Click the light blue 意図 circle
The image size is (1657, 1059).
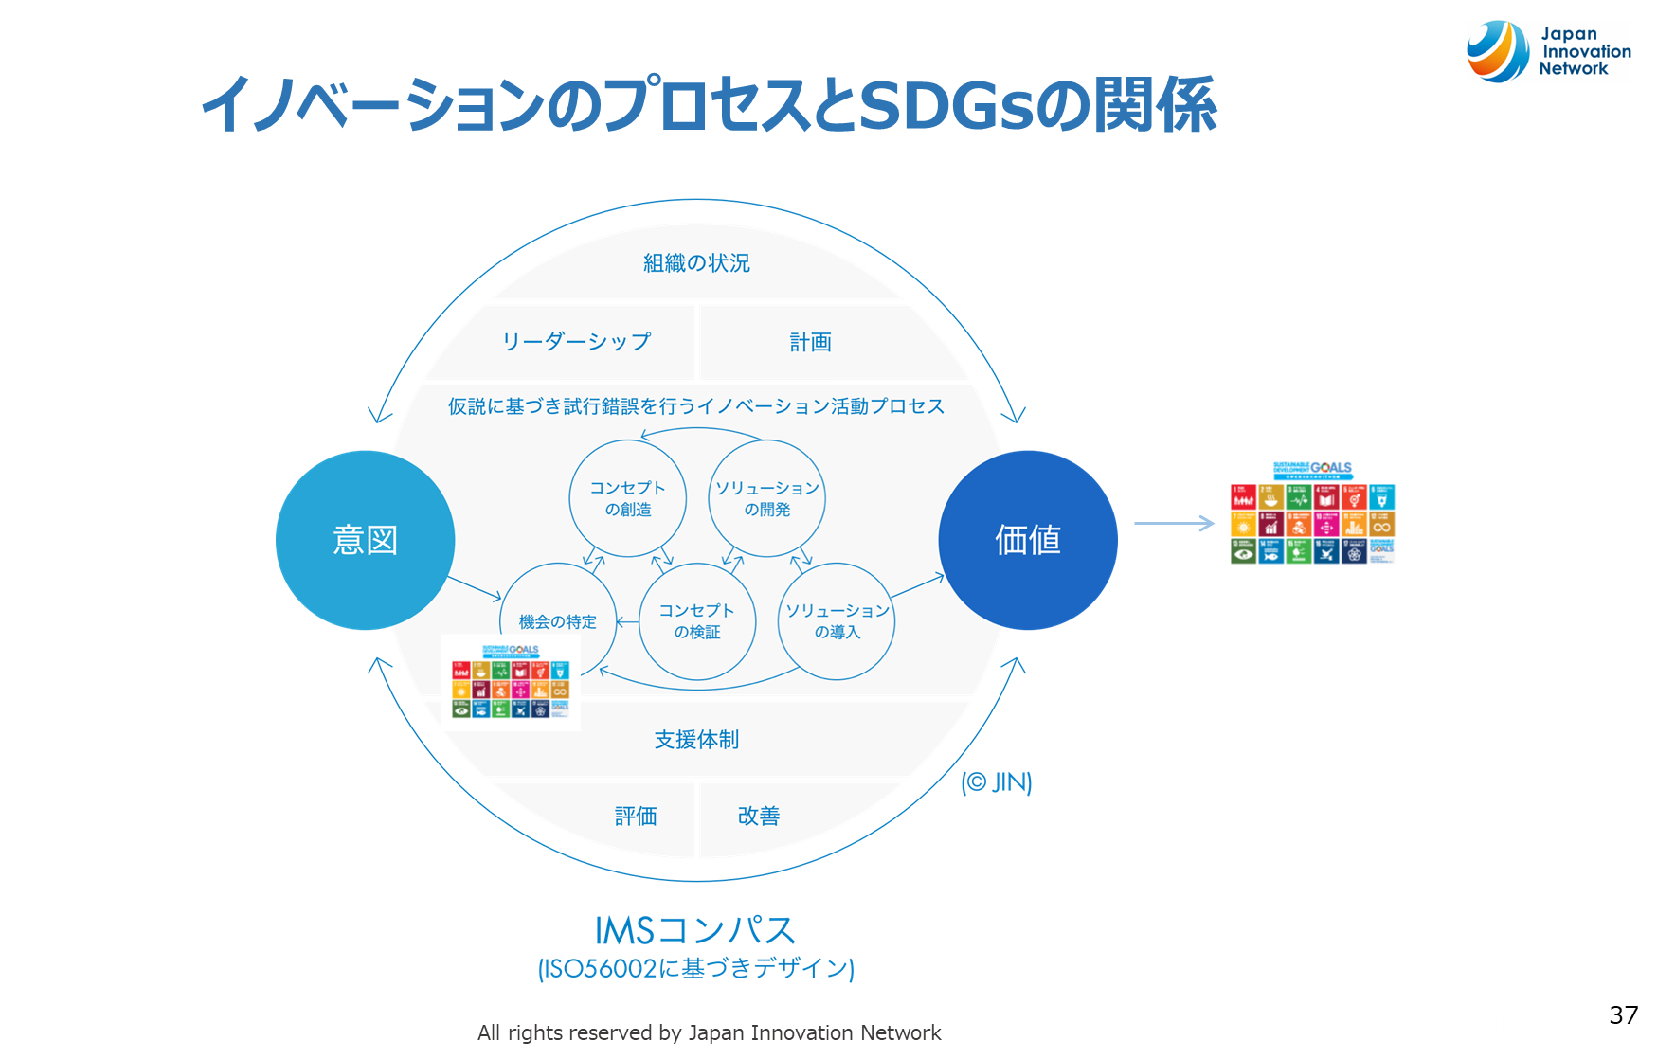(365, 540)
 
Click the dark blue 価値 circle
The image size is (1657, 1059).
(1028, 540)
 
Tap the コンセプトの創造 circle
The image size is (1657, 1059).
(627, 498)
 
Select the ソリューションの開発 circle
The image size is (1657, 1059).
(766, 498)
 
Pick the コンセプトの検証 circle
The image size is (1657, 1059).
(697, 621)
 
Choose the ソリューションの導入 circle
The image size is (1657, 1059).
(837, 621)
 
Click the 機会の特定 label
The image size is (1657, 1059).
(557, 622)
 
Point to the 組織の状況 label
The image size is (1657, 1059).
(696, 263)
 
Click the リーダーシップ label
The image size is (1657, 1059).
(576, 342)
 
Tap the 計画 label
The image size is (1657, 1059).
(810, 342)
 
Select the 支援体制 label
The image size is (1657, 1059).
(696, 740)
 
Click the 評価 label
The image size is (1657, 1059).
(636, 816)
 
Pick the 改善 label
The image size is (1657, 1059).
(758, 816)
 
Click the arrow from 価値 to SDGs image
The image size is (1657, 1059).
(1174, 523)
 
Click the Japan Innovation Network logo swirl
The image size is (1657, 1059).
(1497, 51)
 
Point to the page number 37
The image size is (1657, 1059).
(1623, 1014)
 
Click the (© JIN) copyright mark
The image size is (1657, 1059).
(997, 782)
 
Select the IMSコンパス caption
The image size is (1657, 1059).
(695, 930)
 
